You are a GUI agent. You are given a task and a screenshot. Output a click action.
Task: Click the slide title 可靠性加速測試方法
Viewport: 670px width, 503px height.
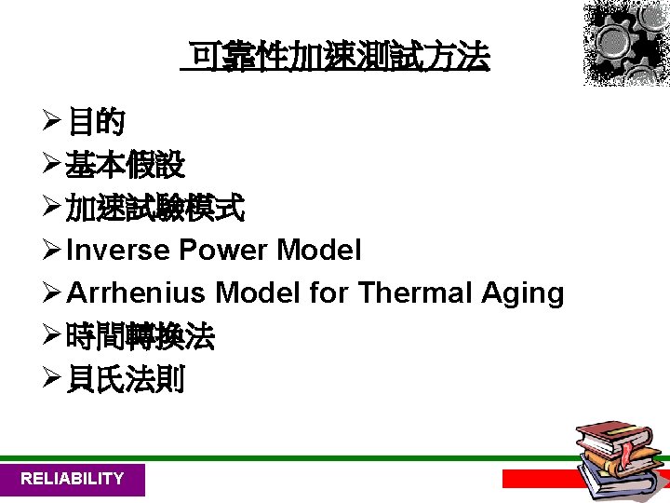(338, 59)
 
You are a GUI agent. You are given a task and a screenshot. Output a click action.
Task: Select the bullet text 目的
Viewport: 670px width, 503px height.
(98, 122)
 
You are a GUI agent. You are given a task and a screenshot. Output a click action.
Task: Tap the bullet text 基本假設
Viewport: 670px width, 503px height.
(126, 166)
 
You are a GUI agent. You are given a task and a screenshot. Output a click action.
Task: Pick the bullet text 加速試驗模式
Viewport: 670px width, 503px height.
(155, 210)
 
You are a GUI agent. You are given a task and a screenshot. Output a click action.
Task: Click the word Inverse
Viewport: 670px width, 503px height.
(119, 251)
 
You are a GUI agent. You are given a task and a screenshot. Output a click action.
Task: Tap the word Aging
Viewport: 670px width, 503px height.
(523, 294)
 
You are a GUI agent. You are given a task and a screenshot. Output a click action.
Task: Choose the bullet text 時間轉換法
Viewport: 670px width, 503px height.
(141, 337)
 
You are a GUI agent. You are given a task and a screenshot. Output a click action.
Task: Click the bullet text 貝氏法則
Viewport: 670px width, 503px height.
(126, 380)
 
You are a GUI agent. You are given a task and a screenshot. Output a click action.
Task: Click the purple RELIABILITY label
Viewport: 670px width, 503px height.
(73, 479)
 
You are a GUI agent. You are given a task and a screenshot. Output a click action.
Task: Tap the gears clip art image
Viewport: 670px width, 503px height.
(626, 43)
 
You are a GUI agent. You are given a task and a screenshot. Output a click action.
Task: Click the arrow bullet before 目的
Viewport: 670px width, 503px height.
(52, 122)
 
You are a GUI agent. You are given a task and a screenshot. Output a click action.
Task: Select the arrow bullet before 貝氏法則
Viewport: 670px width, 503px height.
(52, 380)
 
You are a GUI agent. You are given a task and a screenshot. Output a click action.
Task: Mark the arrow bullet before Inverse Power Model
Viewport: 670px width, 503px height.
(52, 251)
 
